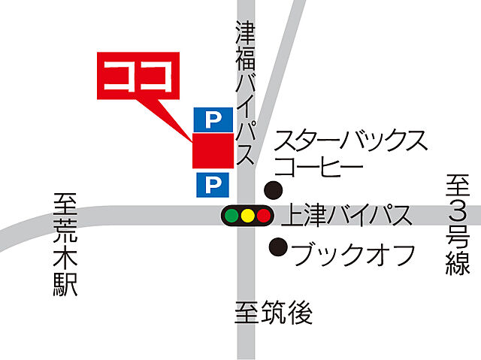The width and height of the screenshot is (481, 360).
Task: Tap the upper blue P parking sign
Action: [x=213, y=118]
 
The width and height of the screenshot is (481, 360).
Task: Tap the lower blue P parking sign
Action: [x=213, y=183]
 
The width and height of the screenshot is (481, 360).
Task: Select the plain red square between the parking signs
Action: [x=213, y=150]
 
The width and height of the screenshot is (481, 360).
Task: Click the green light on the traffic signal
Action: [x=232, y=216]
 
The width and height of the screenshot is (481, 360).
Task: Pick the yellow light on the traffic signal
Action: [x=247, y=216]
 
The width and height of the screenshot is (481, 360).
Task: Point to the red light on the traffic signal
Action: [x=262, y=216]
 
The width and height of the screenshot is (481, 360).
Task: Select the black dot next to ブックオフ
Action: [x=279, y=245]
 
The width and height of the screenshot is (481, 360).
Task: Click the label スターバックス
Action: [x=352, y=141]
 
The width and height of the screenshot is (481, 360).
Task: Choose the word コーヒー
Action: [x=319, y=167]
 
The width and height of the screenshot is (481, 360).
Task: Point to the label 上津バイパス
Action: [x=347, y=216]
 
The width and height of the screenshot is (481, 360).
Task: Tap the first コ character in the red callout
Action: [x=119, y=75]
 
